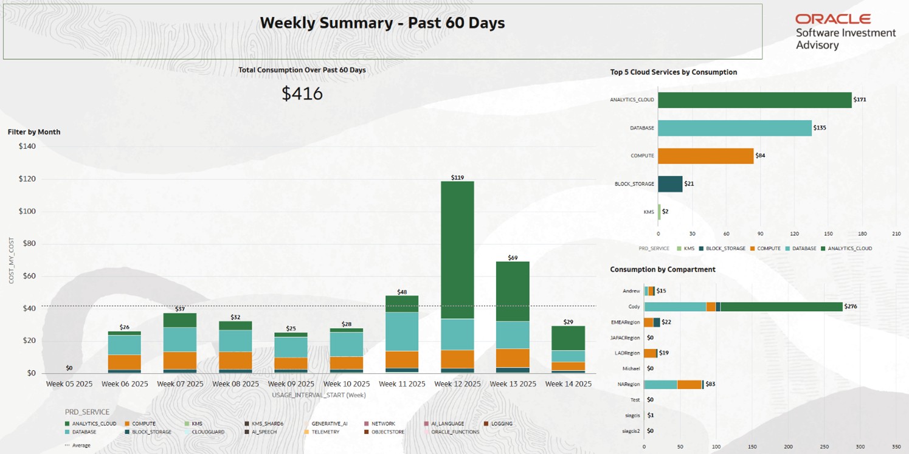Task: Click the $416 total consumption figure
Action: coord(302,94)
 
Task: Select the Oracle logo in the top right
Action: coord(833,19)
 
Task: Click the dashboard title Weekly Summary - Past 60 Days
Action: coord(382,23)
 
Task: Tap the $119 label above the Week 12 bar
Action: coord(457,177)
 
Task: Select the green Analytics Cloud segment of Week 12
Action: coord(457,249)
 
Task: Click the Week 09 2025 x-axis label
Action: coord(291,384)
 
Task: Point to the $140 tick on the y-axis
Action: coord(27,146)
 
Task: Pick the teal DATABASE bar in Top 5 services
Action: coord(734,128)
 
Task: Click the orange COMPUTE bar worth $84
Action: coord(705,156)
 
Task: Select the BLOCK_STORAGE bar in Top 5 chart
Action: coord(670,184)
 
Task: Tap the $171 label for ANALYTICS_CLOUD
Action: coord(860,100)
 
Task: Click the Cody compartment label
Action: coord(634,307)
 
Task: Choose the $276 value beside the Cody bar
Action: coord(851,307)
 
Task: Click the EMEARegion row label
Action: coord(625,322)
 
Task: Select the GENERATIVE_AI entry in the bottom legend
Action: coord(329,424)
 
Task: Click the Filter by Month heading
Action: coord(34,132)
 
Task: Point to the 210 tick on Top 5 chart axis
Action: coord(896,233)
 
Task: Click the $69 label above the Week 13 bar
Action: coord(513,258)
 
